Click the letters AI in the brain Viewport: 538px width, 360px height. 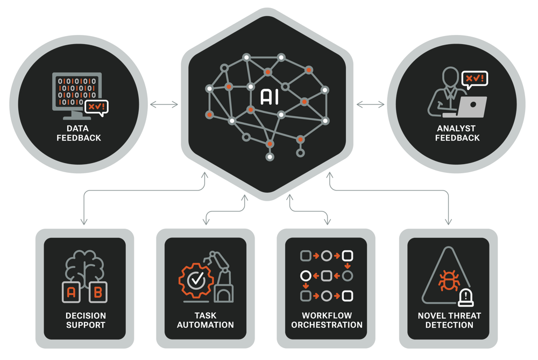tap(269, 96)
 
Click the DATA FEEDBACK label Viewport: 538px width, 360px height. tap(79, 133)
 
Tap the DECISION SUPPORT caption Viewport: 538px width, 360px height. tap(85, 320)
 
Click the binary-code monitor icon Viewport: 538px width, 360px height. tap(75, 95)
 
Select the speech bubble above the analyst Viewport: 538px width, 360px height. tap(475, 79)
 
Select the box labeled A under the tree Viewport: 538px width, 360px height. tap(72, 292)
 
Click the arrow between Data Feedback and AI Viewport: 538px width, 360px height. tap(164, 104)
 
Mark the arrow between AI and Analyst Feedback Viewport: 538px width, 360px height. tap(371, 104)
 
